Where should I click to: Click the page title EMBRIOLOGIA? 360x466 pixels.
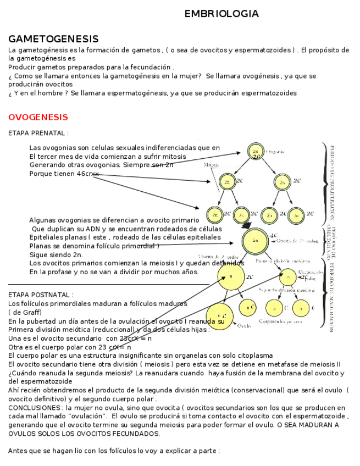221,14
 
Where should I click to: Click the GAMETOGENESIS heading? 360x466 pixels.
53,39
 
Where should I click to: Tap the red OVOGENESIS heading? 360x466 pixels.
38,117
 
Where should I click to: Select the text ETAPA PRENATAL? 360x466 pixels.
38,133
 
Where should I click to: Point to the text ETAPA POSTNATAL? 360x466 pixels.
41,295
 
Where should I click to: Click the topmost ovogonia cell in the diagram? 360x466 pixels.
255,151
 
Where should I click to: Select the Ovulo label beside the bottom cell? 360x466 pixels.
244,326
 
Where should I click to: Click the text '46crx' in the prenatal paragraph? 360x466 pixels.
88,174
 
